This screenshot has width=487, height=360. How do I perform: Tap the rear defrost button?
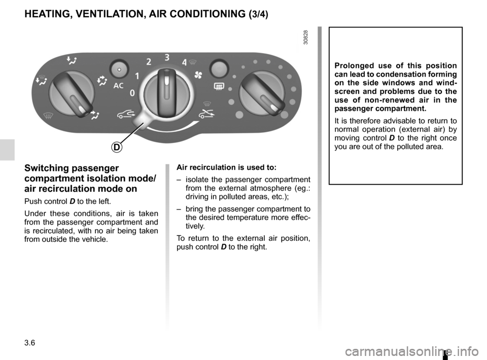pos(219,68)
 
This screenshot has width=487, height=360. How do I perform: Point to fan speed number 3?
pos(167,57)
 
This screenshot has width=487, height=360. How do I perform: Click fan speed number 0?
pos(132,94)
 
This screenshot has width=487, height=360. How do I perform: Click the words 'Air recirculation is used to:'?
pos(225,168)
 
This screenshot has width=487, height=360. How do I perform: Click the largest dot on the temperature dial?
pos(231,100)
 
